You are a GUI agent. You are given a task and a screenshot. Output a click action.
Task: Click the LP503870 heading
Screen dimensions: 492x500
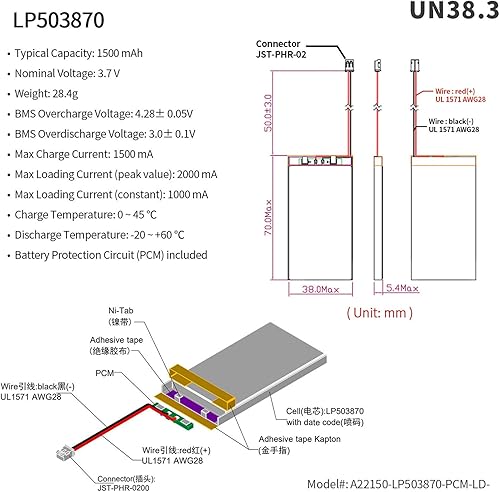tap(58, 19)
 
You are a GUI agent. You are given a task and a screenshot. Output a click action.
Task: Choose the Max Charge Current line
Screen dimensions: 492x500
tap(85, 153)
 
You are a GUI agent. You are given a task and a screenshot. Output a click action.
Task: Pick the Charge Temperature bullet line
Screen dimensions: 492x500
tap(86, 214)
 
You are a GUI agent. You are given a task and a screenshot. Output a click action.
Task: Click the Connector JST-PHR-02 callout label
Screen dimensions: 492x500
tap(283, 51)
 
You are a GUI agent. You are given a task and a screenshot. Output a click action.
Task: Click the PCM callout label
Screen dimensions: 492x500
tap(105, 372)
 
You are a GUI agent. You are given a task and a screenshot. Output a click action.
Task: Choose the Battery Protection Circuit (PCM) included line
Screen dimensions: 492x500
tap(112, 255)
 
